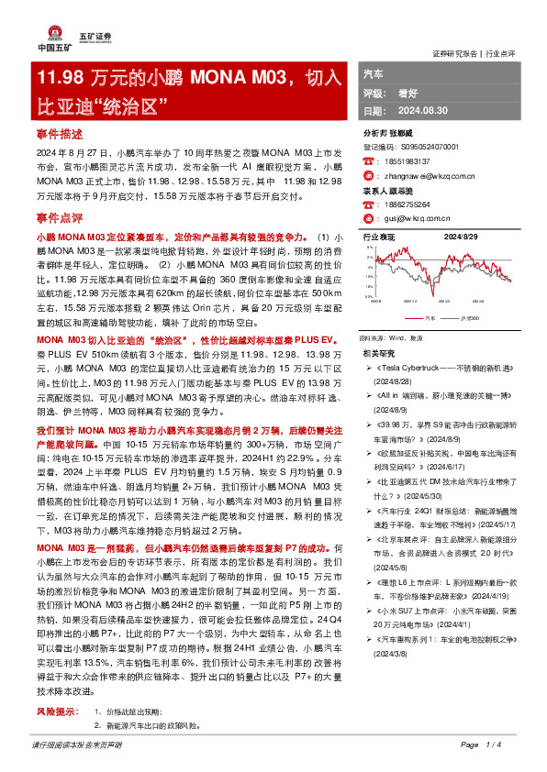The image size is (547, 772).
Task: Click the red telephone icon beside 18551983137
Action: click(368, 160)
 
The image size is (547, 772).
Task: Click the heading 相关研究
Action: click(380, 352)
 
